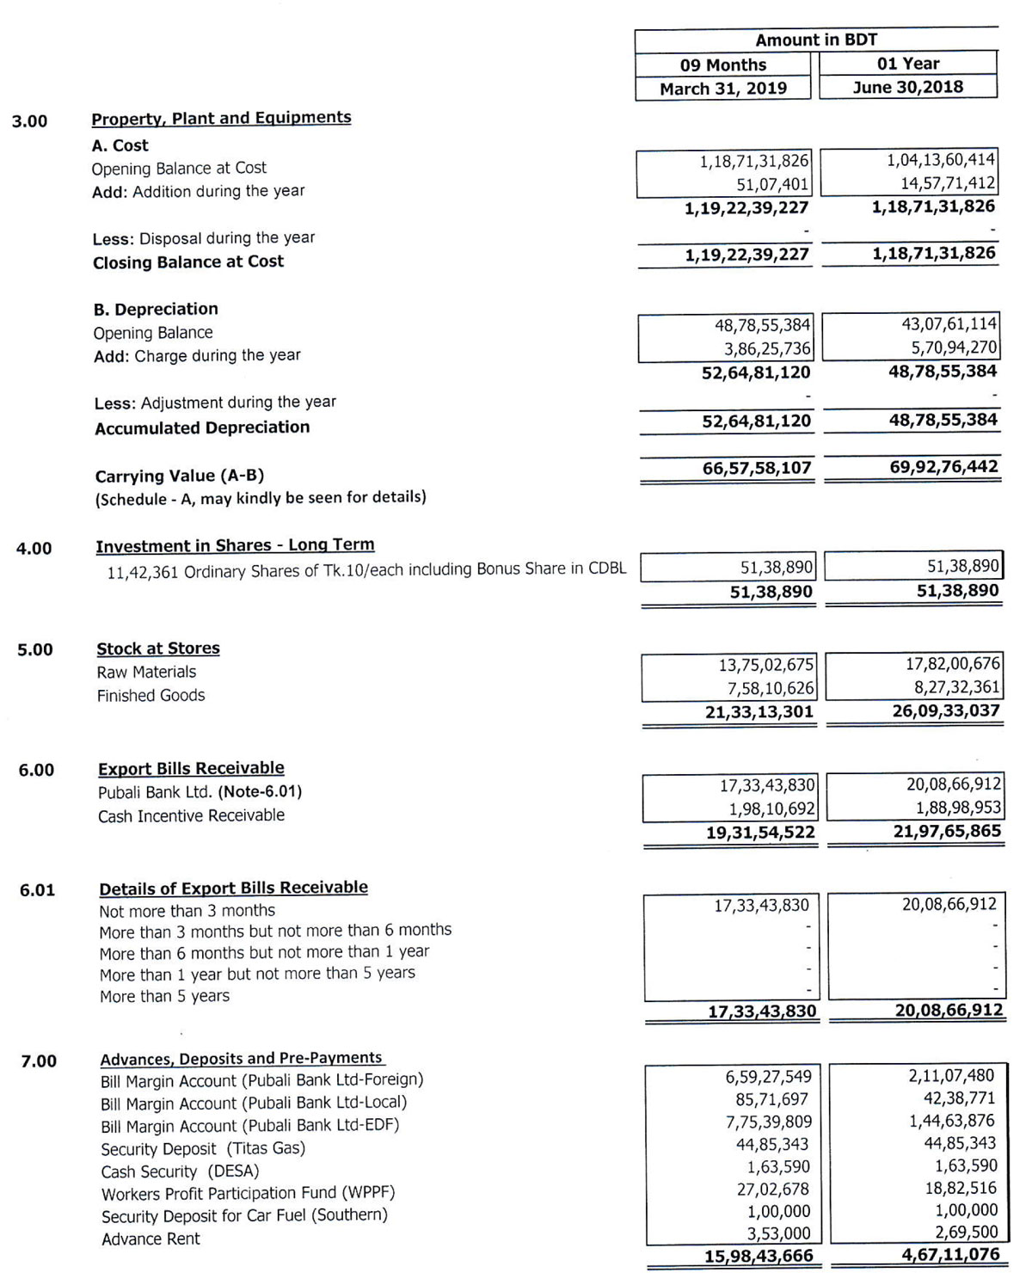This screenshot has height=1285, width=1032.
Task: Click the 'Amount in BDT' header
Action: pos(816,40)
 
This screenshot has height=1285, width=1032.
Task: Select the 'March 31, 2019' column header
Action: pos(723,89)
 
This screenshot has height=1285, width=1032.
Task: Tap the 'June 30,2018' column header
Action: pos(908,87)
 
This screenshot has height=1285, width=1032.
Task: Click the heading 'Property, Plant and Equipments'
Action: pos(221,118)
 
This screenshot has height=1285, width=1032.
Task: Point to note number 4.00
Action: pos(34,549)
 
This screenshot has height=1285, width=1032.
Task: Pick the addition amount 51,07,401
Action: pos(772,184)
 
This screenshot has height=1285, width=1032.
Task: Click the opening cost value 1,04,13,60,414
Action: pos(941,160)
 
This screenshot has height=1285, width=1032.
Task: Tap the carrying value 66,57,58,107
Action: pos(757,468)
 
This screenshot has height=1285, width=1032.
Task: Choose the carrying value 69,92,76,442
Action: pos(943,467)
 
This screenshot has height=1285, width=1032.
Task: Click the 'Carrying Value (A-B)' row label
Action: pos(179,476)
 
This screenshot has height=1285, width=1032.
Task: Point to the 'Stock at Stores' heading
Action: pos(158,649)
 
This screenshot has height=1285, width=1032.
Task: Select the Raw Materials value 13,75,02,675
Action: pos(765,665)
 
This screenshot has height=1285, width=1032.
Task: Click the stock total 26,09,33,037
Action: pos(946,711)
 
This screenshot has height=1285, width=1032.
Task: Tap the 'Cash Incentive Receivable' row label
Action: pos(191,815)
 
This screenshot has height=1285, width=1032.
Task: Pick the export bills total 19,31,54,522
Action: pos(760,833)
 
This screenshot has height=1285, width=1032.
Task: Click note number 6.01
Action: pos(37,890)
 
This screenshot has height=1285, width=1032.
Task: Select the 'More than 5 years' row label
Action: pos(164,996)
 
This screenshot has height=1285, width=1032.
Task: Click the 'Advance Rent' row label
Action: pos(150,1239)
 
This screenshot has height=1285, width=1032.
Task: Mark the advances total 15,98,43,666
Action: pos(759,1256)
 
